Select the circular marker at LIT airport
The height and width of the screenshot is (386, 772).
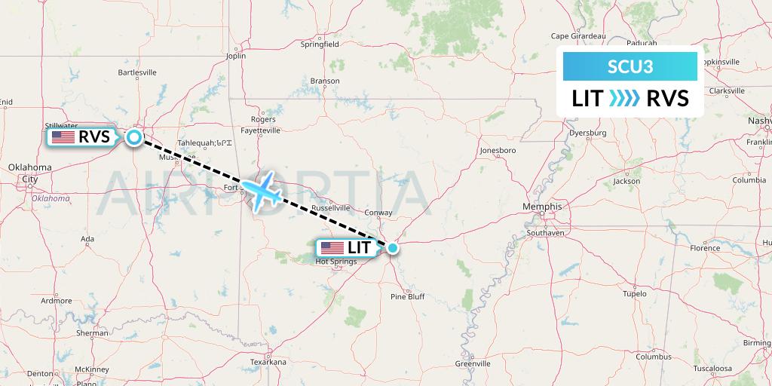[x=392, y=247]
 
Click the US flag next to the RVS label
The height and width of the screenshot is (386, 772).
[x=63, y=137]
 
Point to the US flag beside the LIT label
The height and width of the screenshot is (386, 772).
[x=331, y=247]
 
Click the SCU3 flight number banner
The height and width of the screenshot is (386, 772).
[x=630, y=66]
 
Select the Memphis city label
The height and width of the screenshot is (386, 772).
[x=544, y=207]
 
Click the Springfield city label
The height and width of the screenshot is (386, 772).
[x=320, y=44]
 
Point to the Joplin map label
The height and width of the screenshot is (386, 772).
[x=236, y=56]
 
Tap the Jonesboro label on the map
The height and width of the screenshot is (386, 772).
[x=498, y=150]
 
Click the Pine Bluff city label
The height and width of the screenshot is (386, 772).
[x=407, y=297]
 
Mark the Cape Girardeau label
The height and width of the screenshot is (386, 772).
[x=579, y=35]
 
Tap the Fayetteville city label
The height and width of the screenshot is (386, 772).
[x=261, y=130]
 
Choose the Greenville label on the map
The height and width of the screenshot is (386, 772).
[x=473, y=363]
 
